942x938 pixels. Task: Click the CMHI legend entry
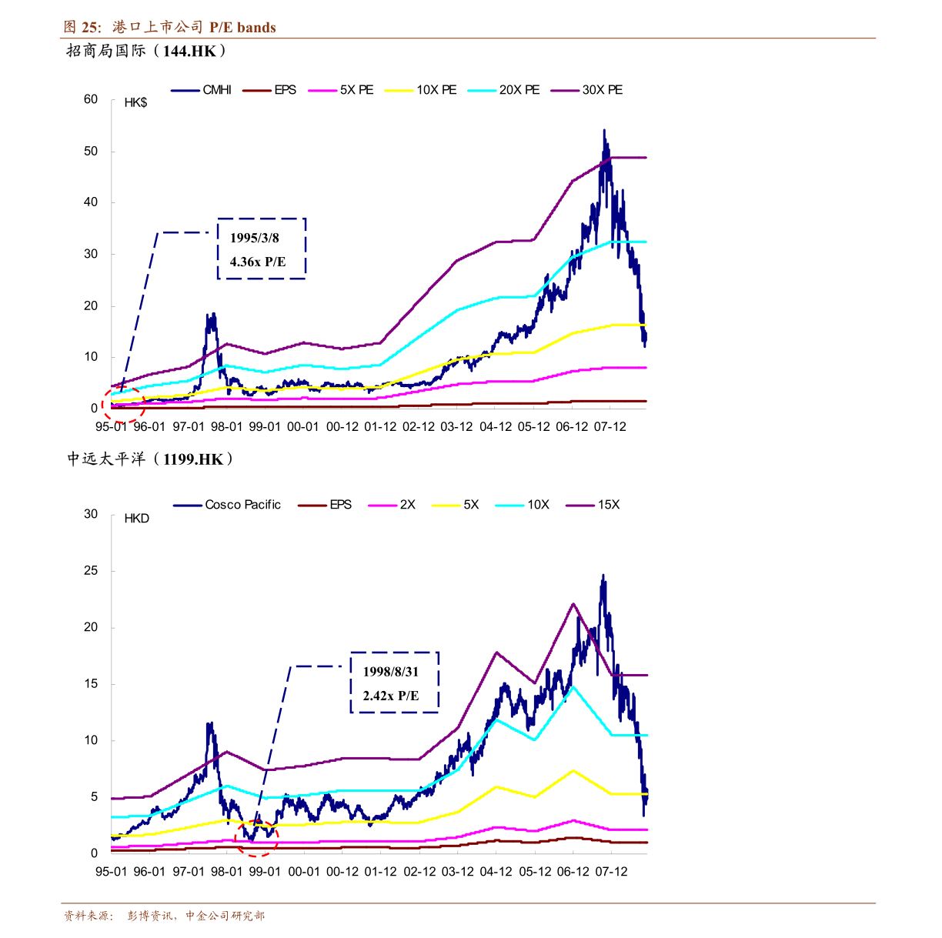click(201, 90)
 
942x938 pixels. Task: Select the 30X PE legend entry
click(586, 90)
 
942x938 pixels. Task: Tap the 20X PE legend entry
click(503, 90)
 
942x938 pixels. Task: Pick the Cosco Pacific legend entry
click(227, 505)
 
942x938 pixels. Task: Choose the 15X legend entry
click(593, 505)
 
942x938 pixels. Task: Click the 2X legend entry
click(392, 505)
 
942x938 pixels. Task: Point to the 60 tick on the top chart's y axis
click(91, 99)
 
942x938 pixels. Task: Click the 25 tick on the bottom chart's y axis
click(91, 570)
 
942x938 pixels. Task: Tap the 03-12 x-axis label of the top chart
click(456, 427)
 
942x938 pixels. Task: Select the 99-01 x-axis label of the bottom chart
click(265, 872)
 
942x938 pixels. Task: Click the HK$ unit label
click(135, 102)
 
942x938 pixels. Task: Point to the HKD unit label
click(136, 518)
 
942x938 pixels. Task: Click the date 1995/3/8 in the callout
click(254, 238)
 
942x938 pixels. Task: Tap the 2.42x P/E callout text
click(391, 695)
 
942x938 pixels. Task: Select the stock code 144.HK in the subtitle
click(189, 51)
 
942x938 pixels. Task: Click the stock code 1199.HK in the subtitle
click(192, 459)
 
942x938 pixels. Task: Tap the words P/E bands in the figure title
click(242, 28)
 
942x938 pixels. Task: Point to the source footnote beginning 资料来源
click(164, 916)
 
